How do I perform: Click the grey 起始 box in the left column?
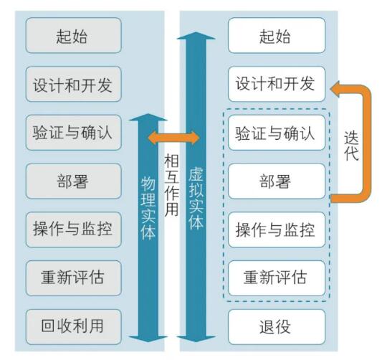pos(74,36)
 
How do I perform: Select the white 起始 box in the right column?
pos(276,36)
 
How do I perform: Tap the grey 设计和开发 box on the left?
pos(74,84)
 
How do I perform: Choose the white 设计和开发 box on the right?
pos(276,84)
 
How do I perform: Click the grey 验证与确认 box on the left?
pos(74,133)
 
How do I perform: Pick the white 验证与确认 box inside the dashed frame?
pos(276,133)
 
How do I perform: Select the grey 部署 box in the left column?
pos(74,181)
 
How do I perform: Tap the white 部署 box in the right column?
pos(276,181)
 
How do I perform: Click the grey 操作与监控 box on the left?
pos(74,229)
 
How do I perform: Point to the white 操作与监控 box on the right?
pos(276,229)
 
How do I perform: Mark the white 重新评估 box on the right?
pos(276,278)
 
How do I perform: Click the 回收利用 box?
pos(74,326)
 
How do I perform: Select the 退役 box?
pos(276,326)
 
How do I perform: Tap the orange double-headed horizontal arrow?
pos(172,138)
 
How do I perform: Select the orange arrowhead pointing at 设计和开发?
pos(336,90)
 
